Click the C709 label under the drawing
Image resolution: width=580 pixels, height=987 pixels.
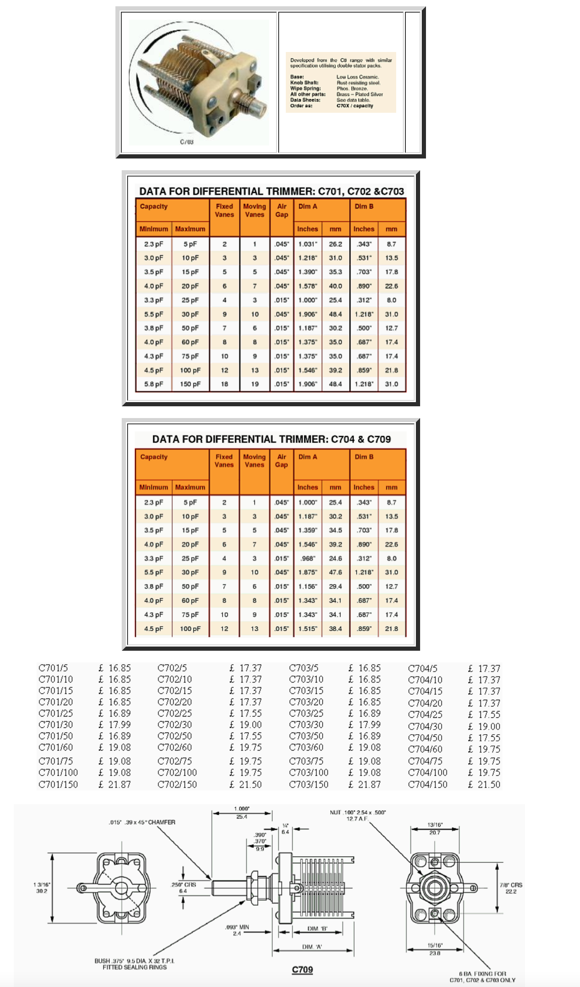click(302, 969)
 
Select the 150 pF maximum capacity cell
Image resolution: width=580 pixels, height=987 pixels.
click(190, 384)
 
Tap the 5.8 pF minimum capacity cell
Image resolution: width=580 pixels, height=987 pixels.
click(154, 384)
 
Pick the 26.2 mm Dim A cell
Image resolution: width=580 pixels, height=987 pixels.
click(335, 244)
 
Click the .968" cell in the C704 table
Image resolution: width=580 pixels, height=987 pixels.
click(308, 558)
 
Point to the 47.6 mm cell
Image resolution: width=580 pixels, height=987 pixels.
click(335, 572)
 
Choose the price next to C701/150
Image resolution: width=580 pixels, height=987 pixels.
click(115, 784)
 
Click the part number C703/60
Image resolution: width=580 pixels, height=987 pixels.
click(306, 747)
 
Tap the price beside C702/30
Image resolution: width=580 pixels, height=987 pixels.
click(246, 725)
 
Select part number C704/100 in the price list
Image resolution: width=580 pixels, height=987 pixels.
click(428, 772)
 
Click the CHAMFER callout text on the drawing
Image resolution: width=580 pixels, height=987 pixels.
click(142, 822)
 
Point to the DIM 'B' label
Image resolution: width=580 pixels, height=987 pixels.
click(317, 929)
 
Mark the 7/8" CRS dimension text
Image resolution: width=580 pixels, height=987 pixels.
click(511, 888)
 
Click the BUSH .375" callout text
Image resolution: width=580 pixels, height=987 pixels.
click(134, 964)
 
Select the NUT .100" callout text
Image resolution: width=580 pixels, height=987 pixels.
click(358, 815)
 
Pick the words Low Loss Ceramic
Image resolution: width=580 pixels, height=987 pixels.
click(358, 77)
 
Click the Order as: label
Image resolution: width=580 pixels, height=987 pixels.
click(301, 106)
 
